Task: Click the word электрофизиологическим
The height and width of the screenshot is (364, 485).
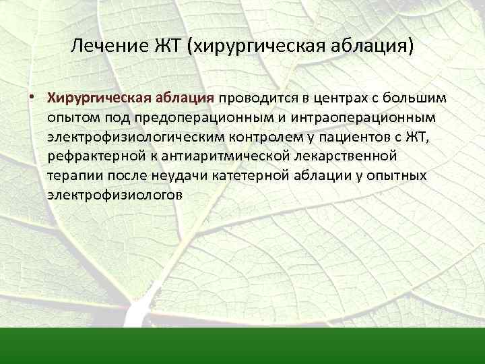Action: pyautogui.click(x=123, y=137)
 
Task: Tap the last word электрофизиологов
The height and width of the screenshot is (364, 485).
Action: pyautogui.click(x=115, y=195)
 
